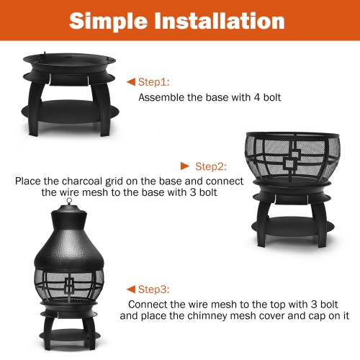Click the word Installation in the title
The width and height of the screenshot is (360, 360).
click(226, 21)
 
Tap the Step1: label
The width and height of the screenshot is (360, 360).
click(153, 82)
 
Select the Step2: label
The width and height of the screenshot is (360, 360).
click(211, 166)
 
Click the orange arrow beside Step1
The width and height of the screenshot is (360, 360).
click(130, 82)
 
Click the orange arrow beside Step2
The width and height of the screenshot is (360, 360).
click(185, 166)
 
